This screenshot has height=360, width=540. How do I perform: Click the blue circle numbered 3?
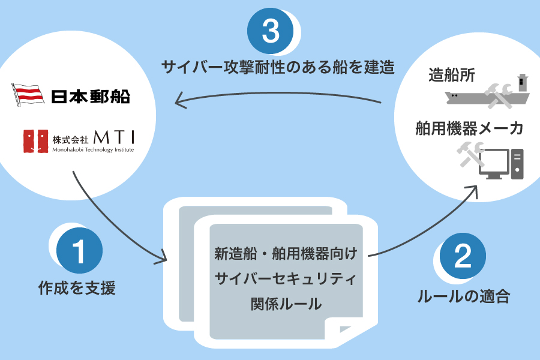[271, 31]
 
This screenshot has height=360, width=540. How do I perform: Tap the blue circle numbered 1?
[79, 250]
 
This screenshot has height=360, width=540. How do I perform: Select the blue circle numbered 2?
[463, 256]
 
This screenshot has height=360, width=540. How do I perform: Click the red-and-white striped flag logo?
[28, 95]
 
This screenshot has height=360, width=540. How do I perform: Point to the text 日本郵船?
[91, 97]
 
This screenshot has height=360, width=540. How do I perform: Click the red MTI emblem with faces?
[35, 141]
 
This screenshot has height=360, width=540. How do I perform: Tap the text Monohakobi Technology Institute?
[93, 150]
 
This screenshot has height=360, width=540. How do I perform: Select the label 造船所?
[451, 75]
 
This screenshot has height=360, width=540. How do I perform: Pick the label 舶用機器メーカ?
[469, 128]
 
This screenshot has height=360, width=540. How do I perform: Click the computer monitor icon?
[494, 164]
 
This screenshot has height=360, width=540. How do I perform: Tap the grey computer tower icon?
[517, 164]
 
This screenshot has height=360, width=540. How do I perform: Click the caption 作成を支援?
[77, 288]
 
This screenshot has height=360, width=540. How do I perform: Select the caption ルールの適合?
[464, 296]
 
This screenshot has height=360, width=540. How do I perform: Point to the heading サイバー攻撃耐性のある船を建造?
[278, 67]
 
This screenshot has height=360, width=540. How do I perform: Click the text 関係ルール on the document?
[286, 304]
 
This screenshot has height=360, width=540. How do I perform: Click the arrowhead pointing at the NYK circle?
[180, 100]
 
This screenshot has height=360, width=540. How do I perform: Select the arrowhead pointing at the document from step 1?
[162, 257]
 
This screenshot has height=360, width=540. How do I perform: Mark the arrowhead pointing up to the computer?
[473, 191]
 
